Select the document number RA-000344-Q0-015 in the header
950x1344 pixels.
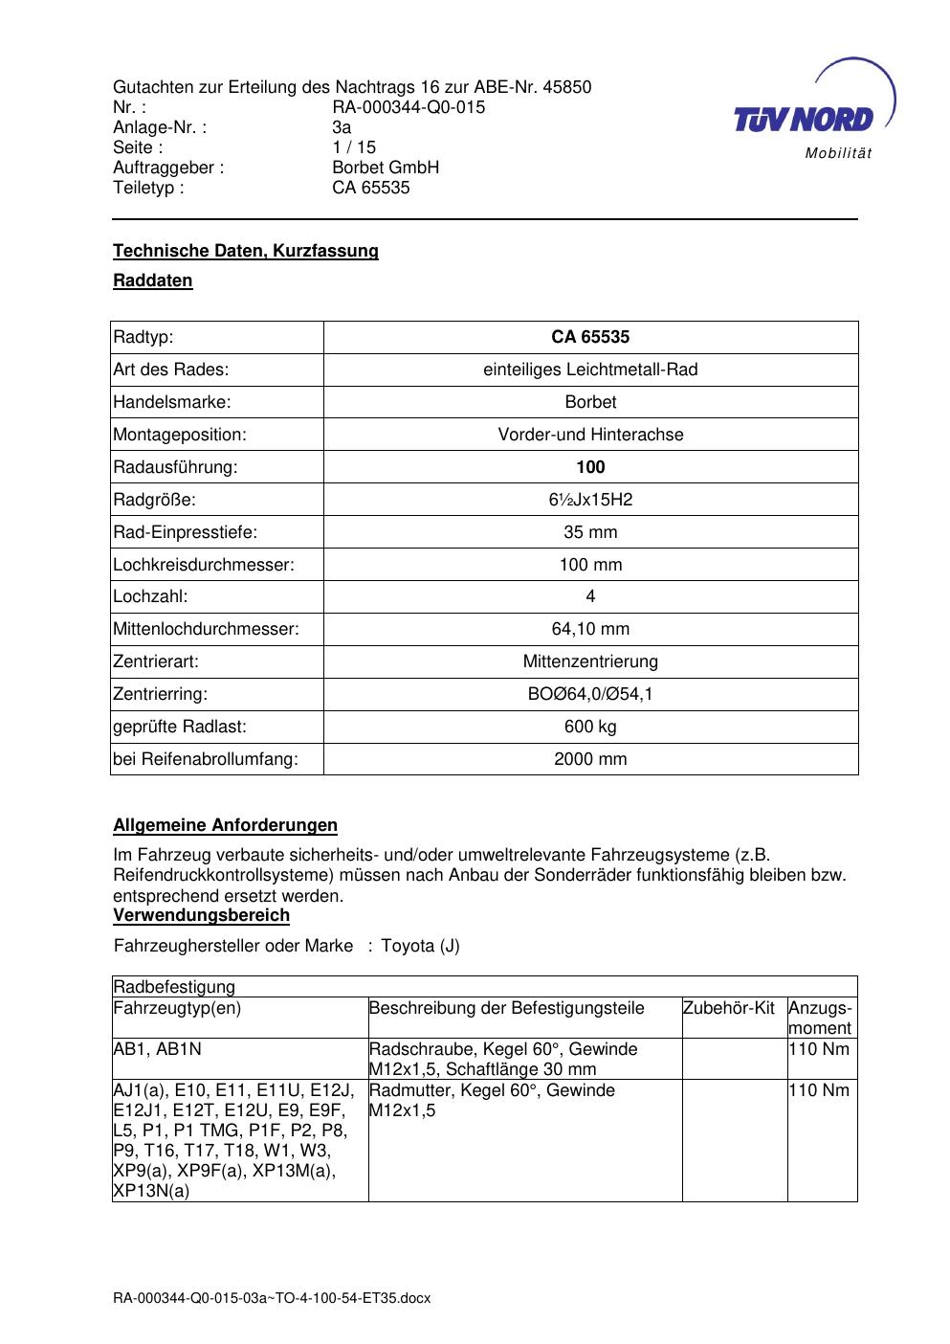(409, 107)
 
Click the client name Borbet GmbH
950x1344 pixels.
(386, 168)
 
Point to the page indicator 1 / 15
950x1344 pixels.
(354, 147)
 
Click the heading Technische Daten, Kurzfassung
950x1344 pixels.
(246, 251)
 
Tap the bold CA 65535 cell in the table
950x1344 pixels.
(590, 337)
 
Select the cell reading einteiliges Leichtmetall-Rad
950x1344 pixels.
(590, 370)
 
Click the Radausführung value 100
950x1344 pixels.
(590, 467)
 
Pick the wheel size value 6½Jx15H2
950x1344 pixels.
(590, 500)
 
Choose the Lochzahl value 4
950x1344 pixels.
(590, 596)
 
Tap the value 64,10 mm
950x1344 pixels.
(590, 629)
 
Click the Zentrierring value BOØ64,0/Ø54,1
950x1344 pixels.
(590, 694)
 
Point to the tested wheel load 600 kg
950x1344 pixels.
(590, 727)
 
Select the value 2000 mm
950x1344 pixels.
(590, 759)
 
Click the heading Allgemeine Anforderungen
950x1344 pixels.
(225, 825)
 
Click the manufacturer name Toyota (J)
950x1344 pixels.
(420, 947)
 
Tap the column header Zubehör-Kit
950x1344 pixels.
(729, 1008)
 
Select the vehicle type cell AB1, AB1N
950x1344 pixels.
(158, 1049)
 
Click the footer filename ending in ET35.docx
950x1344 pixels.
(272, 1299)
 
